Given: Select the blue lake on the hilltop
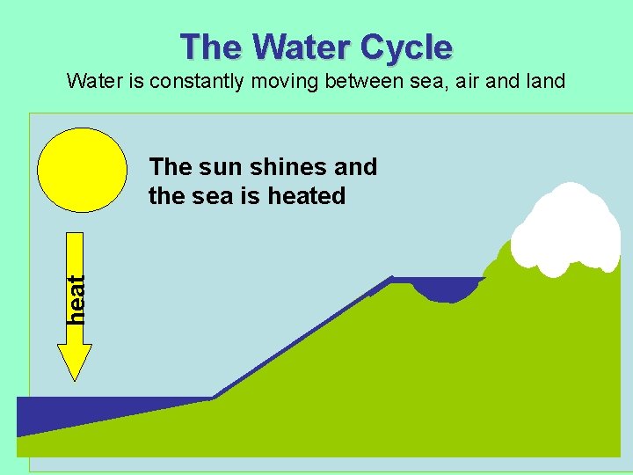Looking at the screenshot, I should [x=448, y=289].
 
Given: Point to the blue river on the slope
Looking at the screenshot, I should [x=299, y=339].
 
